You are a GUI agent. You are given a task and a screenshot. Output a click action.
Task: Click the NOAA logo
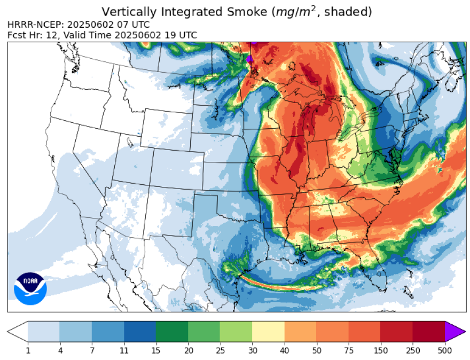pos(30,288)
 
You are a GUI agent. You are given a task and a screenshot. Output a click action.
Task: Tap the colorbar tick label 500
pos(445,350)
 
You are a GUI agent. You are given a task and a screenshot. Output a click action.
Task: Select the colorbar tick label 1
pos(28,350)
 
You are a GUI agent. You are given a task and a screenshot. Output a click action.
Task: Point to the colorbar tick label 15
pos(156,350)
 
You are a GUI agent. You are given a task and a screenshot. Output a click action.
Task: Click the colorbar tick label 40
pos(284,350)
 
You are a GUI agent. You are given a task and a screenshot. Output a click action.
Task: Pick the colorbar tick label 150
pos(380,350)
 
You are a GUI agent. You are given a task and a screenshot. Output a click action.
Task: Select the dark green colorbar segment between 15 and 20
pos(172,332)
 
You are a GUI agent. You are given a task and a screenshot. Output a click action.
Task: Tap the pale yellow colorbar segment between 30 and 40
pos(268,332)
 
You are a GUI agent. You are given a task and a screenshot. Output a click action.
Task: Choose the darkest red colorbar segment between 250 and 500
pos(429,332)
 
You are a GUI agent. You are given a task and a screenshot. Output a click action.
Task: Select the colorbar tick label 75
pos(348,350)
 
